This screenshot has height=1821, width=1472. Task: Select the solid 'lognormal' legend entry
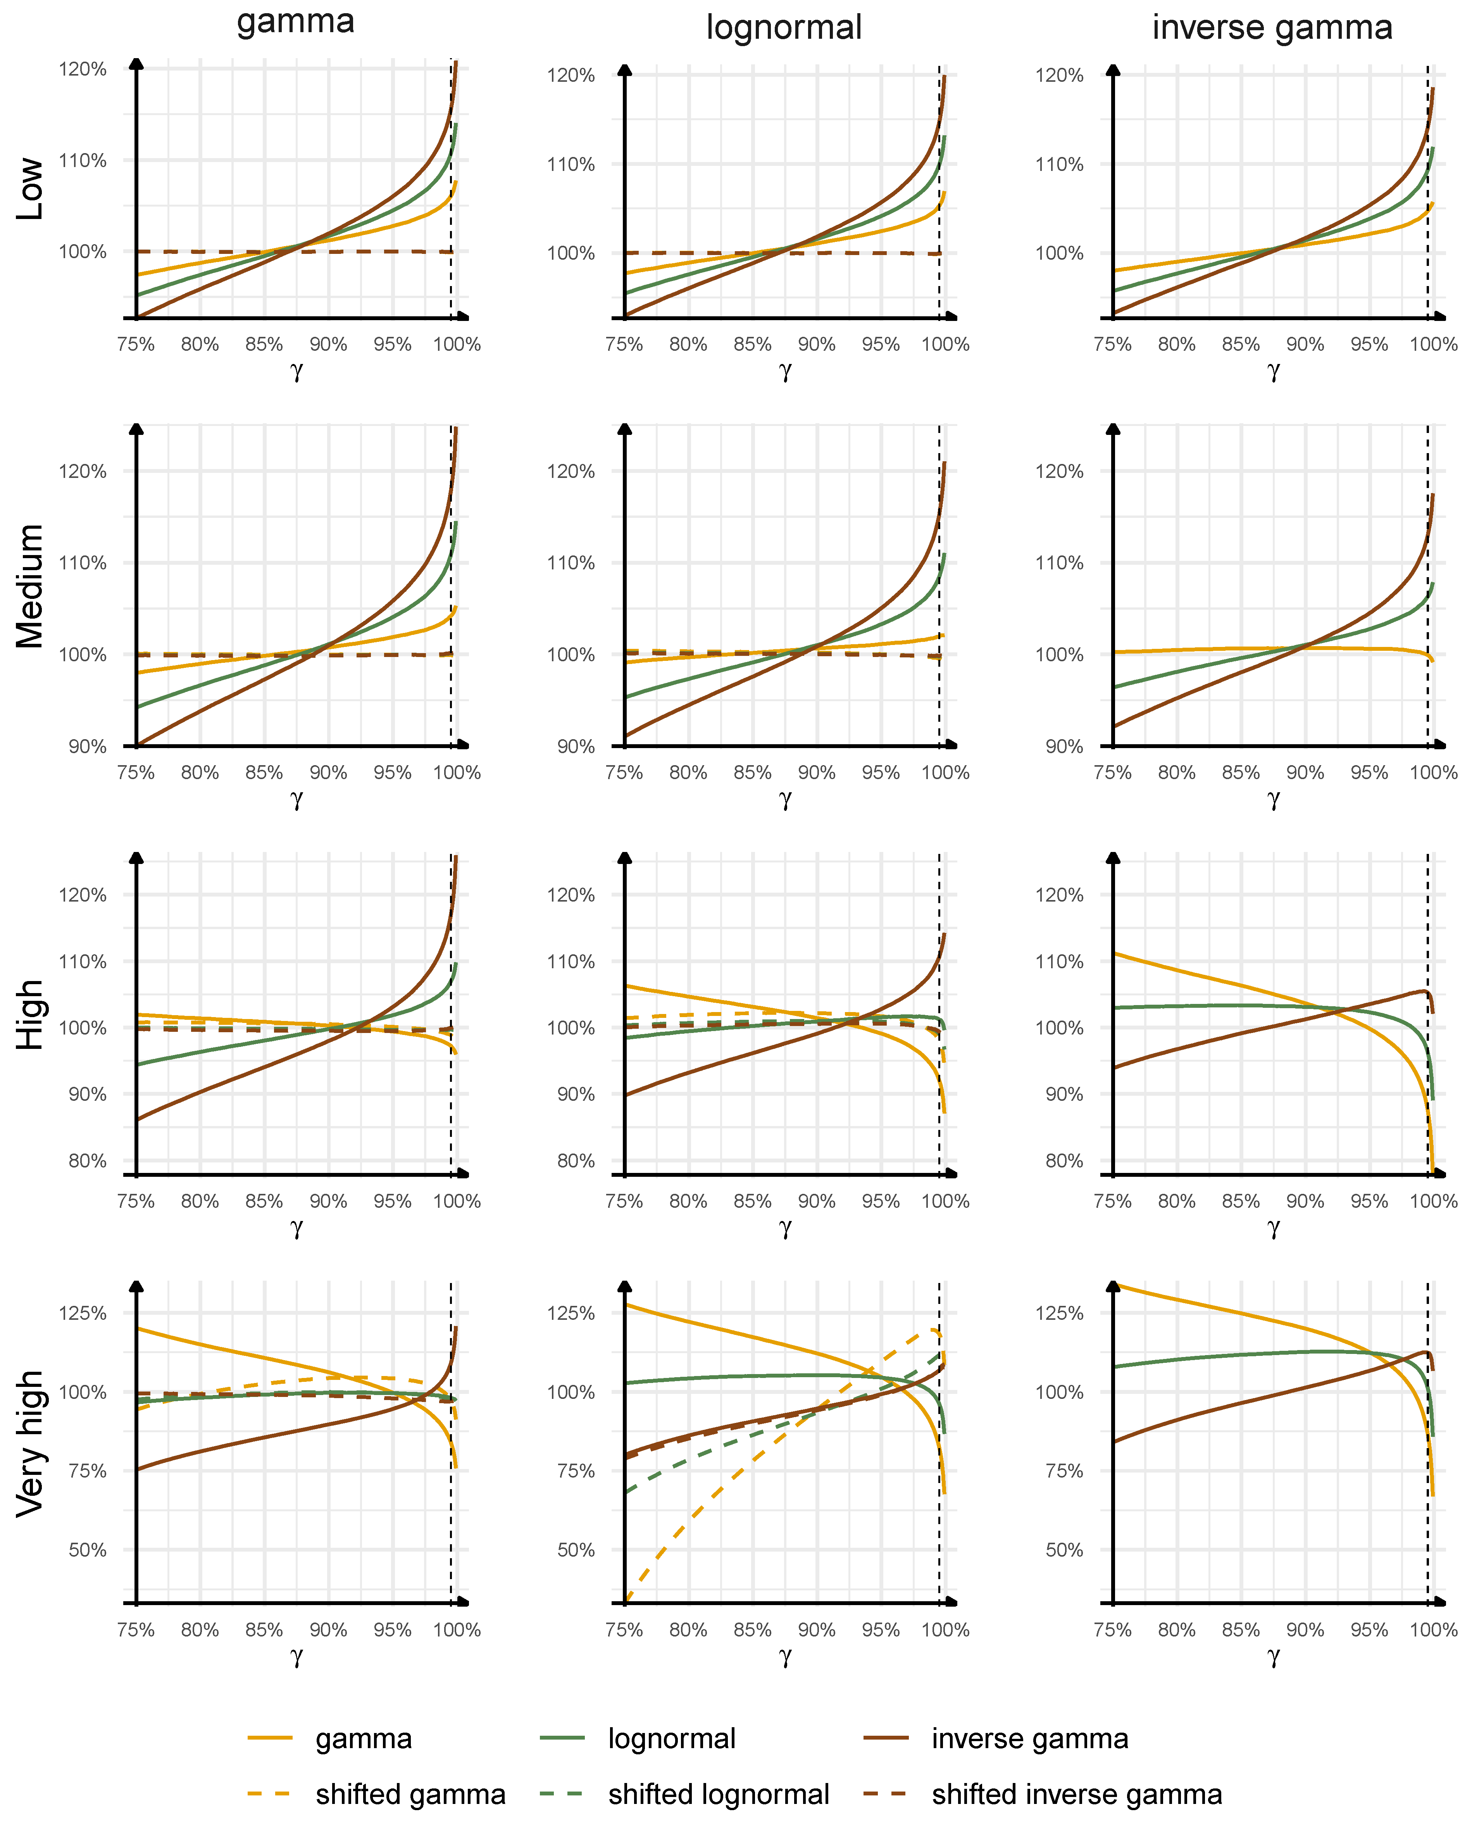pyautogui.click(x=672, y=1739)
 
